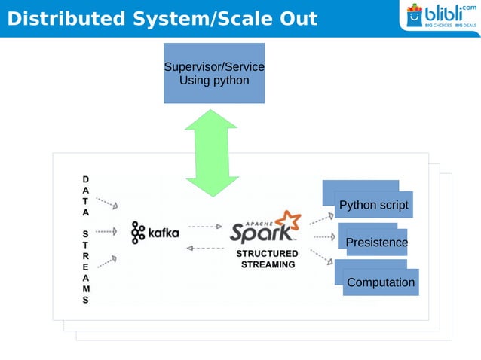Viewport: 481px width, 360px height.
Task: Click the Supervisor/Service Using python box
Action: point(214,73)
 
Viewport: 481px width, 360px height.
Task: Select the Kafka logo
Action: point(155,233)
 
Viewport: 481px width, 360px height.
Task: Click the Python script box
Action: point(373,205)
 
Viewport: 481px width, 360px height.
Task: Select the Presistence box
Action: point(375,243)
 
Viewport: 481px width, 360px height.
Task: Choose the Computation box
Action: point(380,282)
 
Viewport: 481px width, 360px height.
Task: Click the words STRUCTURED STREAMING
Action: point(268,259)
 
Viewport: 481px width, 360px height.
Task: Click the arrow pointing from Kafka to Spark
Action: point(204,226)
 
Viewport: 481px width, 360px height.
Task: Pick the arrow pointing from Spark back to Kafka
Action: point(204,247)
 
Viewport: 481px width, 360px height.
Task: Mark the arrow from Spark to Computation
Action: point(322,257)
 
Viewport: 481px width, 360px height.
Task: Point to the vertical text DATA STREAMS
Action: point(85,239)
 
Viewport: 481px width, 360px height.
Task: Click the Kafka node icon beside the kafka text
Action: point(137,233)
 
